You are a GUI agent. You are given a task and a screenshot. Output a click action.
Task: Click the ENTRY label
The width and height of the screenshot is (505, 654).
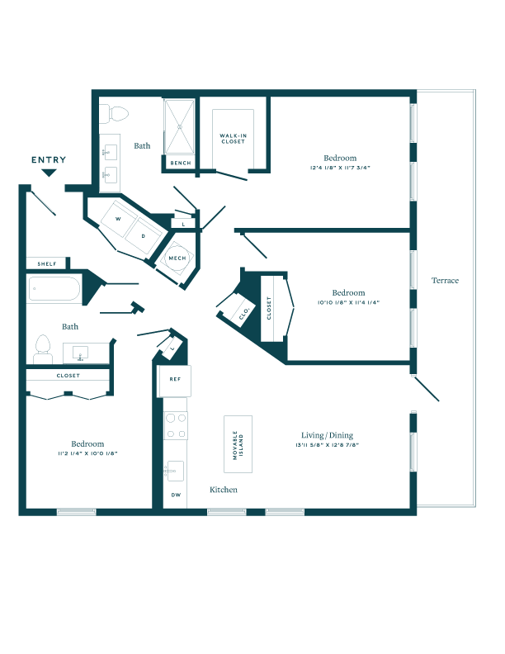click(x=49, y=159)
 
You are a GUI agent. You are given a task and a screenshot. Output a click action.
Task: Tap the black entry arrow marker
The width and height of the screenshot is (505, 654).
click(x=49, y=173)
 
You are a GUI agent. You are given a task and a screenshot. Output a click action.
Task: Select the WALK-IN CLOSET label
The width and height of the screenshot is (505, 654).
click(x=234, y=139)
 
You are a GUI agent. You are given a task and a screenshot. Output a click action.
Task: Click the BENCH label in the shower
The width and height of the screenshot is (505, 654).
click(x=181, y=163)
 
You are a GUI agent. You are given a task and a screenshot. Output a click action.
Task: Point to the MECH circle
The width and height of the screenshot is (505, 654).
click(x=177, y=258)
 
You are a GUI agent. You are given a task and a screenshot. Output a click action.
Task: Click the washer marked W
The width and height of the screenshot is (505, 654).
click(x=118, y=219)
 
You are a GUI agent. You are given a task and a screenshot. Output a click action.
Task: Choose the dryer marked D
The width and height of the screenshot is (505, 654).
click(x=144, y=235)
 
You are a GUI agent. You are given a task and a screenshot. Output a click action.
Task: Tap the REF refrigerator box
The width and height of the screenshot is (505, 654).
click(x=174, y=381)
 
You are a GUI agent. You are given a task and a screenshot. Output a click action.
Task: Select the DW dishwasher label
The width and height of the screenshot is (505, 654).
click(x=177, y=495)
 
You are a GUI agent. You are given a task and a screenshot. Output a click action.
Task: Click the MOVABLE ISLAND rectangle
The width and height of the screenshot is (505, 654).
click(x=238, y=444)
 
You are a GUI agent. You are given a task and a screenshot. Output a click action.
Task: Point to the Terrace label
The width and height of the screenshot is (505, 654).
click(x=445, y=281)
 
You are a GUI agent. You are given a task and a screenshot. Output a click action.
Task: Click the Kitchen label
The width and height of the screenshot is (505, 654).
click(x=224, y=490)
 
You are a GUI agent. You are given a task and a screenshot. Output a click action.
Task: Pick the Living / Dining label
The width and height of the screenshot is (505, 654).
click(x=327, y=435)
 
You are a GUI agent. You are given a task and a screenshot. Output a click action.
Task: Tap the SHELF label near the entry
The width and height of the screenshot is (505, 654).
click(x=47, y=263)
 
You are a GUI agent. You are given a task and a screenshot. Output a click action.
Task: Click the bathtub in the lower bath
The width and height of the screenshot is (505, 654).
click(x=54, y=289)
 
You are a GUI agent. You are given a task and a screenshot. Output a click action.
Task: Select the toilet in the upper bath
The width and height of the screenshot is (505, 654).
click(x=114, y=114)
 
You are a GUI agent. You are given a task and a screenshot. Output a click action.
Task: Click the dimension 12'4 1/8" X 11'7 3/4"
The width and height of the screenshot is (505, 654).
click(x=340, y=168)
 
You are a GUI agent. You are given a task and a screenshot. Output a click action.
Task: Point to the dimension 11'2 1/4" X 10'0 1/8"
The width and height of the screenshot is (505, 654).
click(x=88, y=453)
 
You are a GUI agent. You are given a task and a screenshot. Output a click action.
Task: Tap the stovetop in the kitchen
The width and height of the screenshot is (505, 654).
click(x=176, y=425)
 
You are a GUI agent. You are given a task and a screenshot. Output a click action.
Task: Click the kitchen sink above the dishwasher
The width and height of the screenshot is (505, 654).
click(x=176, y=472)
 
